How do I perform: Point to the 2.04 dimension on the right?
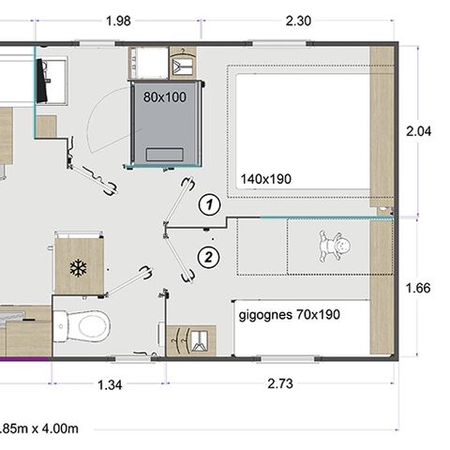click(418, 132)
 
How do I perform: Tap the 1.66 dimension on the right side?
click(418, 288)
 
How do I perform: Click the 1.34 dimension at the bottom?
click(111, 384)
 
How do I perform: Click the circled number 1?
click(211, 202)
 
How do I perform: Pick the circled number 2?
click(211, 255)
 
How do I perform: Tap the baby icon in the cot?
click(335, 248)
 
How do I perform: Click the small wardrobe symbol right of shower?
click(186, 66)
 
